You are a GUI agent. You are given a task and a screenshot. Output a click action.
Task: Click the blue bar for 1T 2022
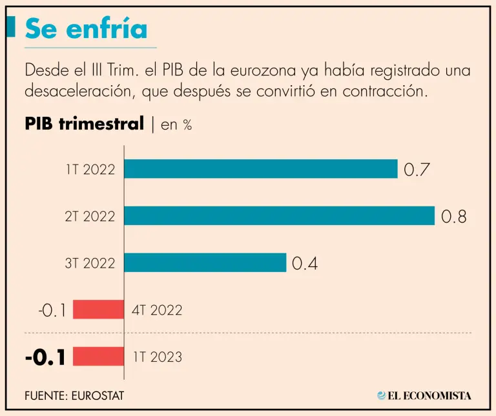260,169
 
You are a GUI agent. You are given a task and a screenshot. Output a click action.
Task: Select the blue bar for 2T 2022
279,216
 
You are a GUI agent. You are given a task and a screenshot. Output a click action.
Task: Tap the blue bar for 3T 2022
205,262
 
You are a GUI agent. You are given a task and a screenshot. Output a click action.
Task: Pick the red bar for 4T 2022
98,310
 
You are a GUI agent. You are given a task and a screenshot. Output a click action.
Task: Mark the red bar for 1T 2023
98,356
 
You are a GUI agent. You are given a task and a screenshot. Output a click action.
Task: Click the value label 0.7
417,170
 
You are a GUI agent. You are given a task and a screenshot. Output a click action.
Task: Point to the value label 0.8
453,217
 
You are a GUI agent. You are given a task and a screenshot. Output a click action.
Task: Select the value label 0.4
305,263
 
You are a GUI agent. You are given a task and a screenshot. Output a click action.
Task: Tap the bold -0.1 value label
45,357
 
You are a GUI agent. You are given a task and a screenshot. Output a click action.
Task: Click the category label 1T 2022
90,170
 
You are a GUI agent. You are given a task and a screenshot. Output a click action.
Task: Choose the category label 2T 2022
90,217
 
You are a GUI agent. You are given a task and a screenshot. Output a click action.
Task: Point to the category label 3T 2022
90,263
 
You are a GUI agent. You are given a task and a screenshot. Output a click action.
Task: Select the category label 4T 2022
158,310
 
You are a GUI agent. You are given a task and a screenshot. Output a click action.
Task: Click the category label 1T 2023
158,357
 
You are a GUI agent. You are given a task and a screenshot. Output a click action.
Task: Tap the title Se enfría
86,28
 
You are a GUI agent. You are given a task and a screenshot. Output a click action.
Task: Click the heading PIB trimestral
84,124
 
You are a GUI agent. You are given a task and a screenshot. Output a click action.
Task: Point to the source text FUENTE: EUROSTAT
74,395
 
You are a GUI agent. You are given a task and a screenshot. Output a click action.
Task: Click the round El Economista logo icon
382,395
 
